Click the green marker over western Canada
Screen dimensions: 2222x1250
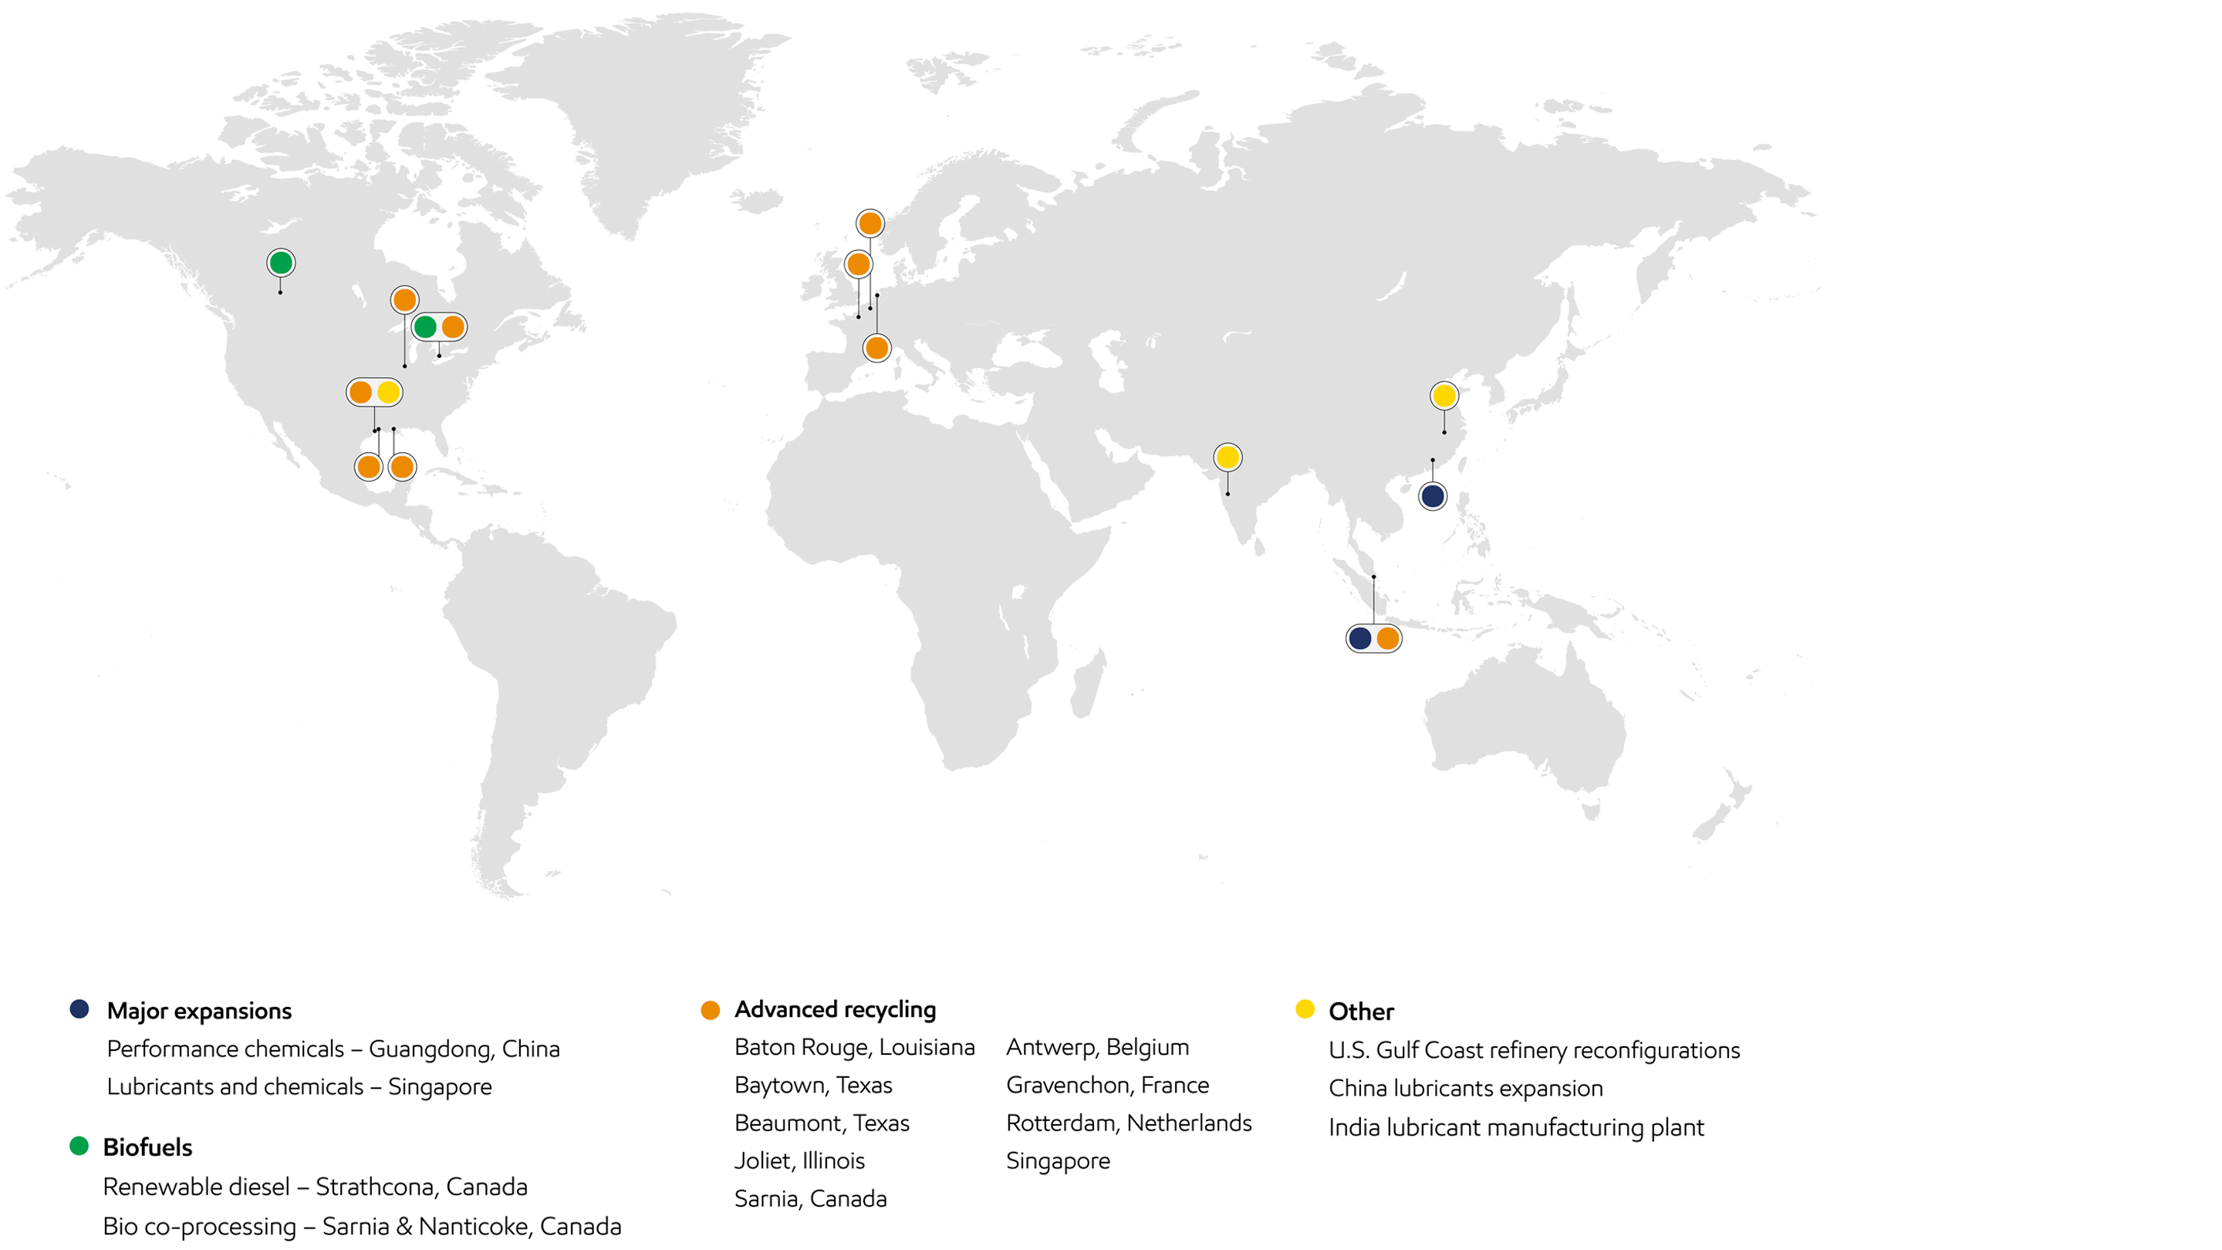point(280,262)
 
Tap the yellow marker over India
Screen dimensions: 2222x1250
point(1228,458)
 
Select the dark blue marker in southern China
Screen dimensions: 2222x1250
point(1433,496)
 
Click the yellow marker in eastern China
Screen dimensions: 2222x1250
point(1444,396)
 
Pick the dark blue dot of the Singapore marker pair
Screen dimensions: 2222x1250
point(1359,638)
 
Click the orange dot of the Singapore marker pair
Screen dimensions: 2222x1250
point(1388,638)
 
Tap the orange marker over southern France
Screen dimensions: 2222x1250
point(876,348)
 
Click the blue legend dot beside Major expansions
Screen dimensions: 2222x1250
point(80,1008)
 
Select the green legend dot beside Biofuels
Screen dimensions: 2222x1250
point(79,1146)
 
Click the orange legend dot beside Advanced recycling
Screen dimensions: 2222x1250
point(711,1010)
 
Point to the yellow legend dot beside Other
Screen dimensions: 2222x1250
point(1305,1008)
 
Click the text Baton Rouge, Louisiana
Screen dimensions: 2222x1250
point(854,1047)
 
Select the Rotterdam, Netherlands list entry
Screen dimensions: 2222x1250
point(1128,1123)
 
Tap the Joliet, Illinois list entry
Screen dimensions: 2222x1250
point(799,1161)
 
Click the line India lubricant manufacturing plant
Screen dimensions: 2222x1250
point(1516,1127)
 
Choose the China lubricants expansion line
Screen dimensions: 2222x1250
point(1466,1088)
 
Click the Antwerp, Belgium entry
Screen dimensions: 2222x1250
point(1097,1047)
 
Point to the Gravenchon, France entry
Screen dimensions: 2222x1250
point(1108,1085)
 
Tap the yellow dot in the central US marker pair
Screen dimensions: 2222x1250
point(389,393)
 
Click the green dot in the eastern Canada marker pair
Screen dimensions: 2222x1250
point(424,327)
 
